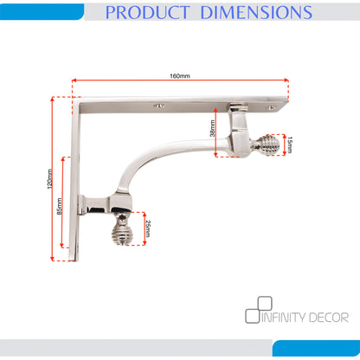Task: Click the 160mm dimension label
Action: click(x=179, y=76)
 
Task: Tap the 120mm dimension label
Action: click(x=50, y=179)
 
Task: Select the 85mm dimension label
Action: click(x=60, y=206)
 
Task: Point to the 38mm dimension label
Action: click(x=212, y=128)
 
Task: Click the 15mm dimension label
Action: click(x=290, y=145)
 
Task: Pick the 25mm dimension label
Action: click(x=147, y=228)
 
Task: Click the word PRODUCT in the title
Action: click(x=147, y=12)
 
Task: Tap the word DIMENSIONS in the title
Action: click(x=256, y=12)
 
